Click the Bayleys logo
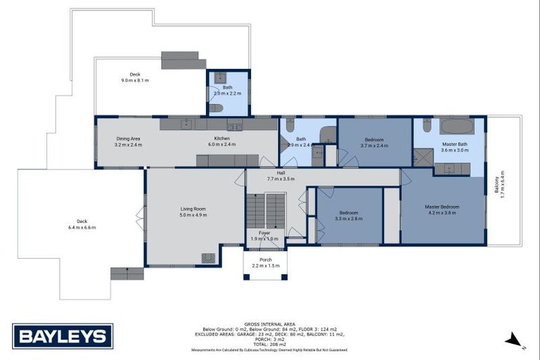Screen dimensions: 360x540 coord(63,336)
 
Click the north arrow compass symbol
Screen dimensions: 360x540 coord(514,340)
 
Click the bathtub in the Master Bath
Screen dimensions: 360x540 coord(457,127)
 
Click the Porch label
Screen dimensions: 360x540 coord(265,259)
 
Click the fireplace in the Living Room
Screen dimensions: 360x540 coord(208,258)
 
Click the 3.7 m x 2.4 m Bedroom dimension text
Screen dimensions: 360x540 coord(374,146)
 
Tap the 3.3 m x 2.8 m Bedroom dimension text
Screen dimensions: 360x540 coord(348,219)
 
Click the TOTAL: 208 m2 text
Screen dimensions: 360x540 coord(269,344)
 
